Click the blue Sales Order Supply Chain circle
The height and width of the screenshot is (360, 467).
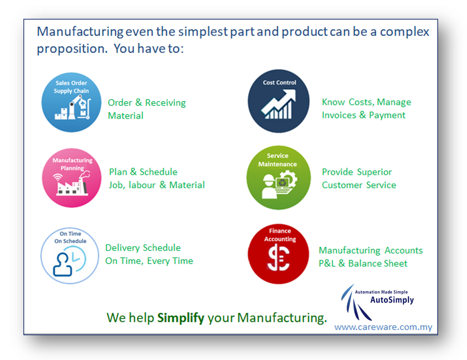(x=71, y=102)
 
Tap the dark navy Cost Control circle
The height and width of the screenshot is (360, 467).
(x=279, y=101)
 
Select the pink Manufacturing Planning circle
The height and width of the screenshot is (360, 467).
(x=72, y=178)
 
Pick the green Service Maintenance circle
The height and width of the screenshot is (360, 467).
(x=279, y=177)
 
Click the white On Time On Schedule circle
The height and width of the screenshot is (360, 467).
(x=70, y=256)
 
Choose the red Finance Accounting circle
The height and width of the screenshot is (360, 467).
(x=279, y=254)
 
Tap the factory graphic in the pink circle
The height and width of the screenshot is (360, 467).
(x=73, y=184)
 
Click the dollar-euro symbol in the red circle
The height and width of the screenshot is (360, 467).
(x=279, y=257)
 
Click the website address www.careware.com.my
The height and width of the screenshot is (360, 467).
(x=383, y=327)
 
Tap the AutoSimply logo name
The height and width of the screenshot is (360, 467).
(x=392, y=300)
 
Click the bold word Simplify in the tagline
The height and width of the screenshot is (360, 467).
(x=181, y=318)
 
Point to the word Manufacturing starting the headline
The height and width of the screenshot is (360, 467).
(x=80, y=32)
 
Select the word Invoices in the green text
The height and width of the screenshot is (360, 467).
(x=339, y=115)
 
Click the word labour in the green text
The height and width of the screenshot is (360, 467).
(x=142, y=185)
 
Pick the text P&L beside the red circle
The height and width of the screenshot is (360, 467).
(x=327, y=263)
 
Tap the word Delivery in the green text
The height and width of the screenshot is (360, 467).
(x=122, y=248)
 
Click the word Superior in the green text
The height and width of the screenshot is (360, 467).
(x=374, y=172)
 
